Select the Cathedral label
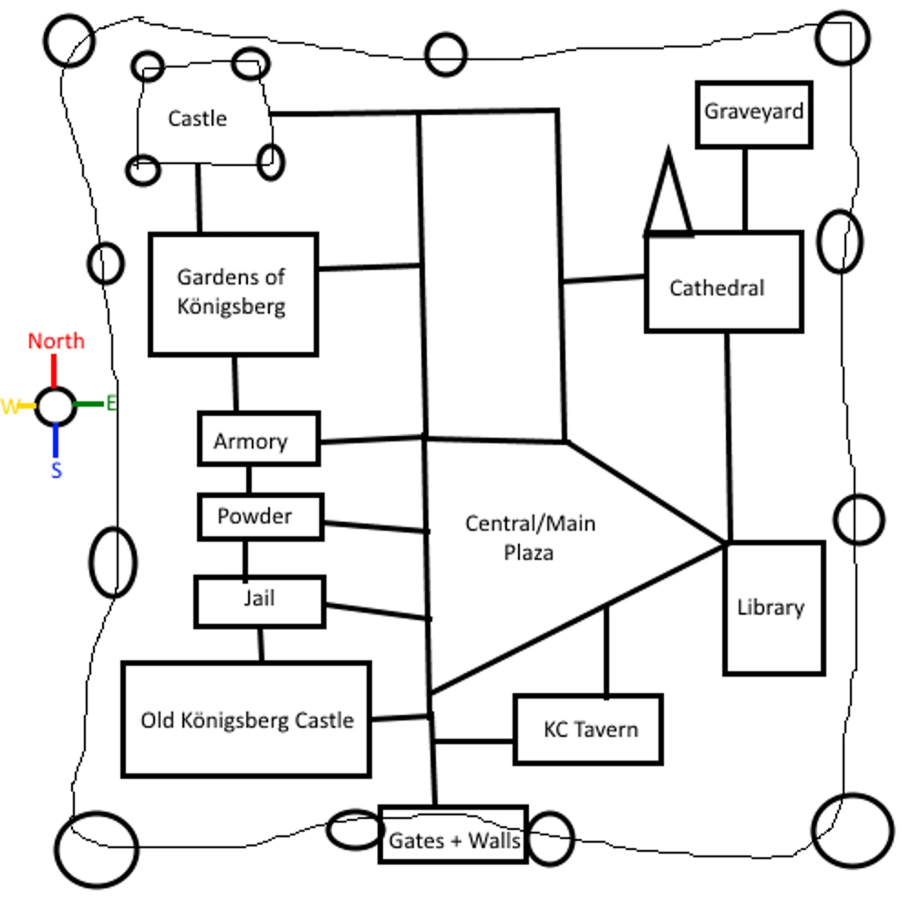tap(717, 288)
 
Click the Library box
tap(773, 607)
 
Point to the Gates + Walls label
tap(453, 840)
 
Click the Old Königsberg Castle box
tap(246, 720)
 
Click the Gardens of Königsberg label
tap(231, 291)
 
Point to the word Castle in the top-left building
tap(197, 119)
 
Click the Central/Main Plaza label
tap(529, 537)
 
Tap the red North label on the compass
tap(56, 341)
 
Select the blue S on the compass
tap(57, 471)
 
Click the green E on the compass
tap(111, 403)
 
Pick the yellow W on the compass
tap(11, 407)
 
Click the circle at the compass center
tap(56, 406)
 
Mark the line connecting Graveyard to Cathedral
tap(745, 189)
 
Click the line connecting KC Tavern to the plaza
tap(606, 650)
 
